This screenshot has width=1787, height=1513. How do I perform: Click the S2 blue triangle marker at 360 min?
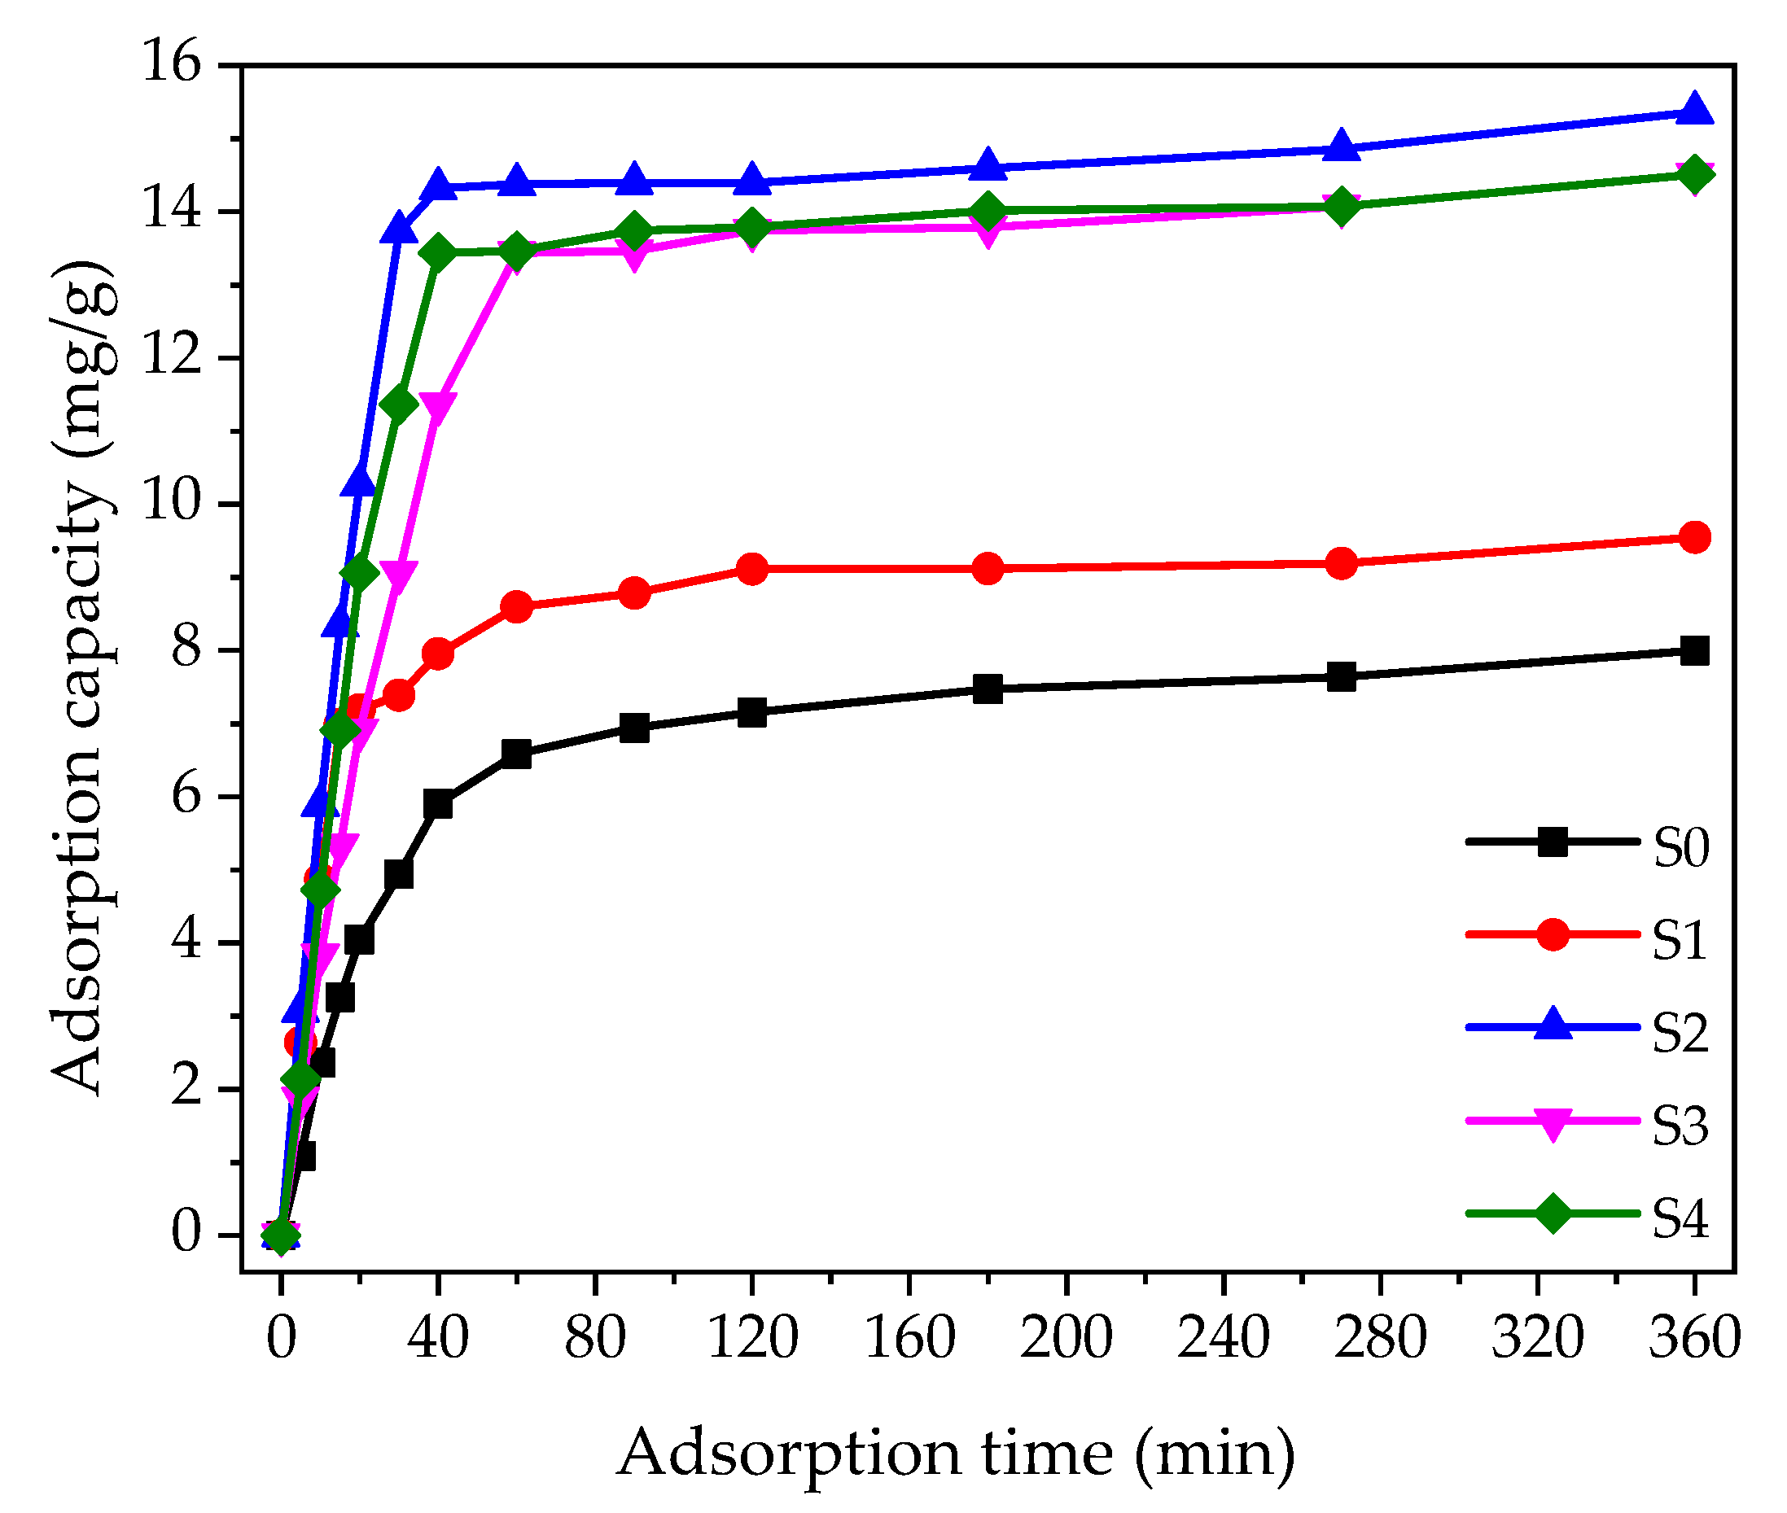pyautogui.click(x=1693, y=111)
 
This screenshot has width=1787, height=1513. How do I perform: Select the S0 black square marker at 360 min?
pyautogui.click(x=1693, y=651)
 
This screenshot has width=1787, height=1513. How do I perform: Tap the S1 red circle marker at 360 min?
pyautogui.click(x=1693, y=538)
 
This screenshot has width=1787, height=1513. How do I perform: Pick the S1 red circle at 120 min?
pyautogui.click(x=752, y=569)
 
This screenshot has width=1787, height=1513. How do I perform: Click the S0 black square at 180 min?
pyautogui.click(x=988, y=689)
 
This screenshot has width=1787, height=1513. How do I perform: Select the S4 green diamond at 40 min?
pyautogui.click(x=437, y=252)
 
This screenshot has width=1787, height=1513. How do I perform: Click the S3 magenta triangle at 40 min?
pyautogui.click(x=437, y=408)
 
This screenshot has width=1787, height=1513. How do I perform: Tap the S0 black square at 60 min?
pyautogui.click(x=516, y=754)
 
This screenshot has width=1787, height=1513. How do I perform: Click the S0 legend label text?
pyautogui.click(x=1680, y=848)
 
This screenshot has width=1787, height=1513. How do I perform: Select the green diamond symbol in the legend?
pyautogui.click(x=1552, y=1213)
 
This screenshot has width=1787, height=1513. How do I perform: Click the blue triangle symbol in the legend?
pyautogui.click(x=1552, y=1025)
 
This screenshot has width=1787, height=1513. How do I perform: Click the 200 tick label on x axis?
pyautogui.click(x=1066, y=1337)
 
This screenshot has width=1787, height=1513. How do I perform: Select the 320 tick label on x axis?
pyautogui.click(x=1536, y=1337)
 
